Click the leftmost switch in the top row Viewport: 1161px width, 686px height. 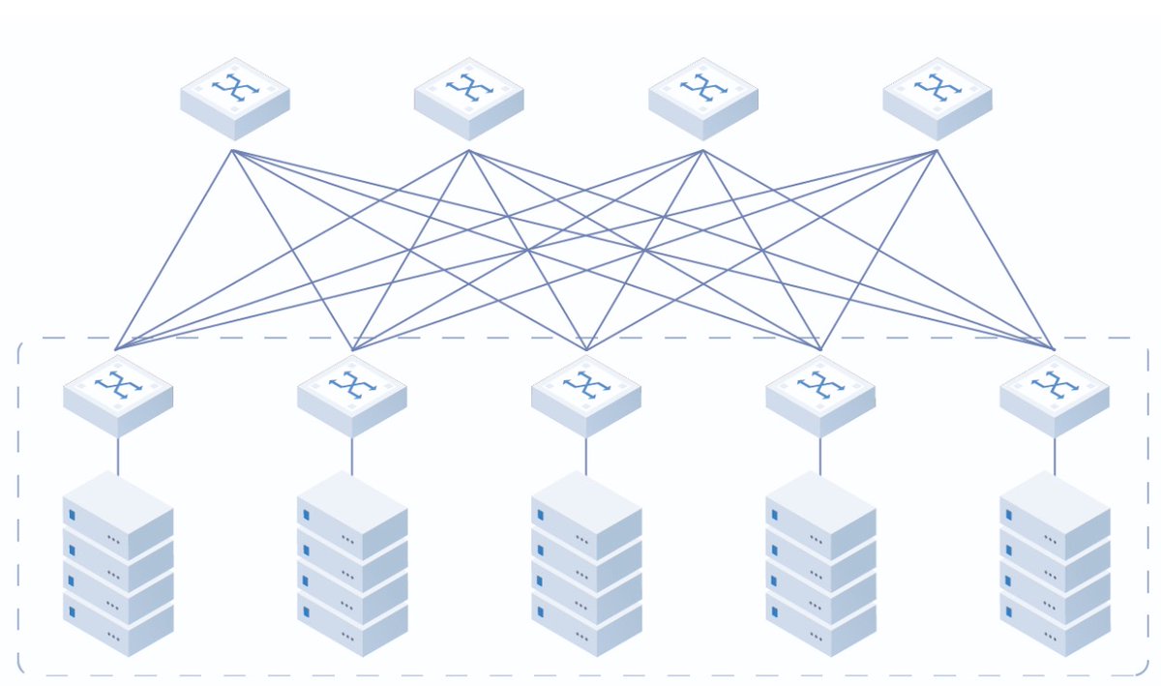pyautogui.click(x=235, y=97)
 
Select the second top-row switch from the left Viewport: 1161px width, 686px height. pyautogui.click(x=469, y=97)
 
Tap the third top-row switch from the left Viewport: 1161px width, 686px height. pyautogui.click(x=703, y=97)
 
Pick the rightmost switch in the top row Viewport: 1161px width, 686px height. pyautogui.click(x=938, y=97)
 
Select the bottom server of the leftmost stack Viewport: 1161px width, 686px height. pyautogui.click(x=118, y=624)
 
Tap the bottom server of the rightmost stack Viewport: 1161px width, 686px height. pyautogui.click(x=1055, y=624)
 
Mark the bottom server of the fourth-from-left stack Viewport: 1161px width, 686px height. pyautogui.click(x=820, y=624)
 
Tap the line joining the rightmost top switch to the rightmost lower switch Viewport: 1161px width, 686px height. pyautogui.click(x=995, y=248)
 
